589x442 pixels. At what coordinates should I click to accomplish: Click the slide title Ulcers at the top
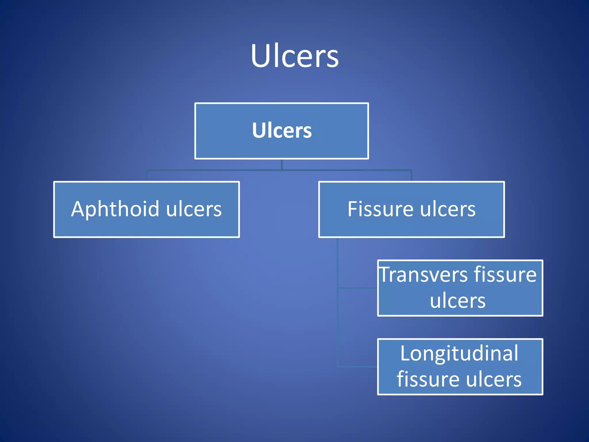click(294, 56)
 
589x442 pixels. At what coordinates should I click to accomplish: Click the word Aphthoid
click(115, 209)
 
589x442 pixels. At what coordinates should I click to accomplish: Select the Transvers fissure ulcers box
click(460, 288)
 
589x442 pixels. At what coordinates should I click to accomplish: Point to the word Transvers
click(423, 275)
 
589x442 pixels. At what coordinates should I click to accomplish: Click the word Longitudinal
click(459, 353)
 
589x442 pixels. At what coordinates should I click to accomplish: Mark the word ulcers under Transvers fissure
click(458, 301)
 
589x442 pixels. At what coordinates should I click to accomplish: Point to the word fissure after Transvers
click(505, 275)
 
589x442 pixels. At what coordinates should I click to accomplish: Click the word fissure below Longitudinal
click(428, 379)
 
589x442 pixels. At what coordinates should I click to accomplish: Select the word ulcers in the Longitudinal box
click(494, 380)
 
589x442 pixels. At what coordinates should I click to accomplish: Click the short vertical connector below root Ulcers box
click(282, 165)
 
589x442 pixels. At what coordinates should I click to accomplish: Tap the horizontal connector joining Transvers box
click(358, 287)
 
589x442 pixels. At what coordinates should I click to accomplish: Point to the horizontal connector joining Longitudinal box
click(358, 367)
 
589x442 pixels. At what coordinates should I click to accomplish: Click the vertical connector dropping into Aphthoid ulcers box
click(147, 176)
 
